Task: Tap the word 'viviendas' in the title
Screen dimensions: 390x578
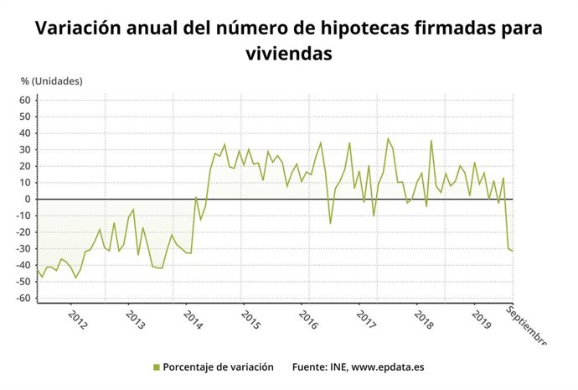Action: [x=288, y=55]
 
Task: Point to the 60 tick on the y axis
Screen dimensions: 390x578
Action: [x=24, y=100]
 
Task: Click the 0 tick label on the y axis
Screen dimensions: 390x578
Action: [x=28, y=200]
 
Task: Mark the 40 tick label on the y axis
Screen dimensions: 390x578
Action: [x=24, y=133]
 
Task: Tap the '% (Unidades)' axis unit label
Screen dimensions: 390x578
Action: [x=52, y=81]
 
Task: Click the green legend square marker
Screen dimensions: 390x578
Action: [x=156, y=367]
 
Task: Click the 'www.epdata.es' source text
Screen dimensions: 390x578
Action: [x=385, y=367]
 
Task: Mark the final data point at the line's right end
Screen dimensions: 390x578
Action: [x=513, y=251]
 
